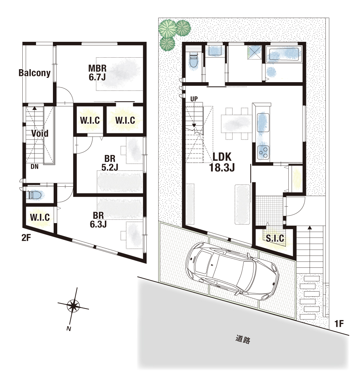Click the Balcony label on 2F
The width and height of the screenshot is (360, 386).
[x=35, y=73]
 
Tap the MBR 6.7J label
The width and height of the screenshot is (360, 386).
[x=97, y=72]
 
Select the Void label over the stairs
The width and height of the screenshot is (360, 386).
[x=40, y=133]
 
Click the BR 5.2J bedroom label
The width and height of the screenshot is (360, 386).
[x=110, y=163]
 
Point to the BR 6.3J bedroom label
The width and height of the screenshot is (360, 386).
[x=98, y=220]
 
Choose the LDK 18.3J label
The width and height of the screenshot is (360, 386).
[x=222, y=162]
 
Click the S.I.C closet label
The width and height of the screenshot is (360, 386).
[x=275, y=238]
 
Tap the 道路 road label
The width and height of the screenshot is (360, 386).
[x=243, y=339]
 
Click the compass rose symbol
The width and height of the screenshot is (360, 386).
[x=73, y=306]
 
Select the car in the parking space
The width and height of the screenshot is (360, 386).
[x=232, y=271]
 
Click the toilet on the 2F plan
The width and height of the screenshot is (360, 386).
[x=35, y=195]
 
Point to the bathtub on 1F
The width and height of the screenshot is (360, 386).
[x=284, y=54]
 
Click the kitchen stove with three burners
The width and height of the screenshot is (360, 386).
[x=263, y=152]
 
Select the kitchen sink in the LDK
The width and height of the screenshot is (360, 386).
[x=263, y=123]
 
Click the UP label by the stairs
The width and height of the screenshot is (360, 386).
[x=194, y=99]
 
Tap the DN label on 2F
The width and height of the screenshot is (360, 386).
[x=35, y=167]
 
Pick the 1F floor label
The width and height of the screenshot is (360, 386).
[x=339, y=324]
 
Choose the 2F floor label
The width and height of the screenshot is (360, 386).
[x=26, y=238]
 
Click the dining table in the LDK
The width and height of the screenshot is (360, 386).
[x=236, y=124]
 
